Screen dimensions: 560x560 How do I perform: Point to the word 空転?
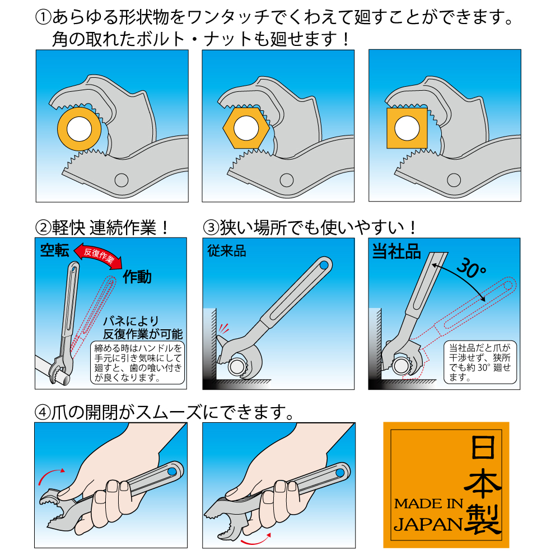54,250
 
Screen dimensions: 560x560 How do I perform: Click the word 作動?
137,277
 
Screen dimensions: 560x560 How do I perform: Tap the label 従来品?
227,251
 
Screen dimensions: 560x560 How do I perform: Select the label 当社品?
396,251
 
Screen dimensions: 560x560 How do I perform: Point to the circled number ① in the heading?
44,17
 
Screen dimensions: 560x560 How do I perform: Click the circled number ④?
43,413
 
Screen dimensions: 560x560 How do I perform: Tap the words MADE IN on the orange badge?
428,503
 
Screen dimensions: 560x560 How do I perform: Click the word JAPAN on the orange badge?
428,524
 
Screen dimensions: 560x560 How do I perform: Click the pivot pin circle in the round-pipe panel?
122,180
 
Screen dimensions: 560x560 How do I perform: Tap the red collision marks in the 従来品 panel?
223,328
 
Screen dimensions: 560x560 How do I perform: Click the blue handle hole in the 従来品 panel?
324,265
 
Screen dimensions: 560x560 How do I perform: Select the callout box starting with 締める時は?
138,363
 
